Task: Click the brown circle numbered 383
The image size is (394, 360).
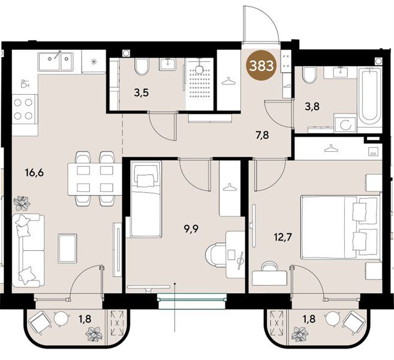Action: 261,65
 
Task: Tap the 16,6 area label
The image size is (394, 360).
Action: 34,173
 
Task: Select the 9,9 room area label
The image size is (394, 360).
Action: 191,229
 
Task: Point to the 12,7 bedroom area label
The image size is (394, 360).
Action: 283,237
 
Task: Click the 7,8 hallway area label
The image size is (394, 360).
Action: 261,135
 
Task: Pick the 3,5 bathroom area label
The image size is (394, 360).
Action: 142,93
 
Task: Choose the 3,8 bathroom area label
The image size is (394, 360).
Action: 312,107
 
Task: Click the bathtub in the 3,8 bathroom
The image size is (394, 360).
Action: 369,97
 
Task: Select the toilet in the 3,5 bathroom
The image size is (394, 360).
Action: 142,67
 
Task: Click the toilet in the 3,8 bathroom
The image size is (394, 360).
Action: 309,75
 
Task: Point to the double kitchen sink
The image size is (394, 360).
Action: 56,62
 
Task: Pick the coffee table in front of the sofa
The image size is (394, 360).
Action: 67,248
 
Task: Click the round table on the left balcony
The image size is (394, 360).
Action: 62,319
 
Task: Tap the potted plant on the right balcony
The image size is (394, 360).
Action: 299,334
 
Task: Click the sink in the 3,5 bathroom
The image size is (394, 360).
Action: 167,64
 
